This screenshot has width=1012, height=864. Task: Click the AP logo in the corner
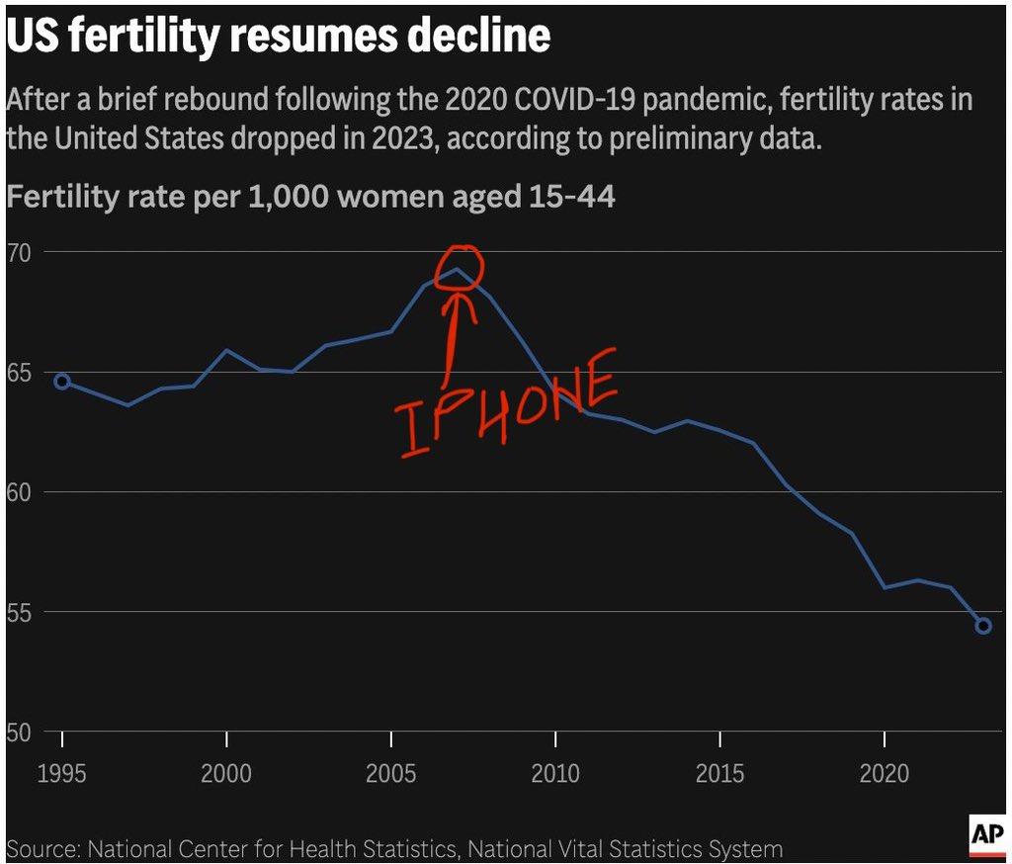pos(986,835)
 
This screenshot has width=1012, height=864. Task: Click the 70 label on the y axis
pos(20,252)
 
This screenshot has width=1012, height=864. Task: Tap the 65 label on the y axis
pos(20,373)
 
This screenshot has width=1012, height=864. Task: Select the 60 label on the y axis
pos(20,492)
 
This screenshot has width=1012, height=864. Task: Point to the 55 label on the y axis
pos(20,612)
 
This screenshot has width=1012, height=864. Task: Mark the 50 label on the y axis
pos(20,733)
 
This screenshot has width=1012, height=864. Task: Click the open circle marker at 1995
pos(62,382)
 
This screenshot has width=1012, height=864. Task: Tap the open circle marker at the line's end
pos(983,625)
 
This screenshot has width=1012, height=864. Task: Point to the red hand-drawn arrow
pos(455,331)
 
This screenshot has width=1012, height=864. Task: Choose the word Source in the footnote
pos(42,849)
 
